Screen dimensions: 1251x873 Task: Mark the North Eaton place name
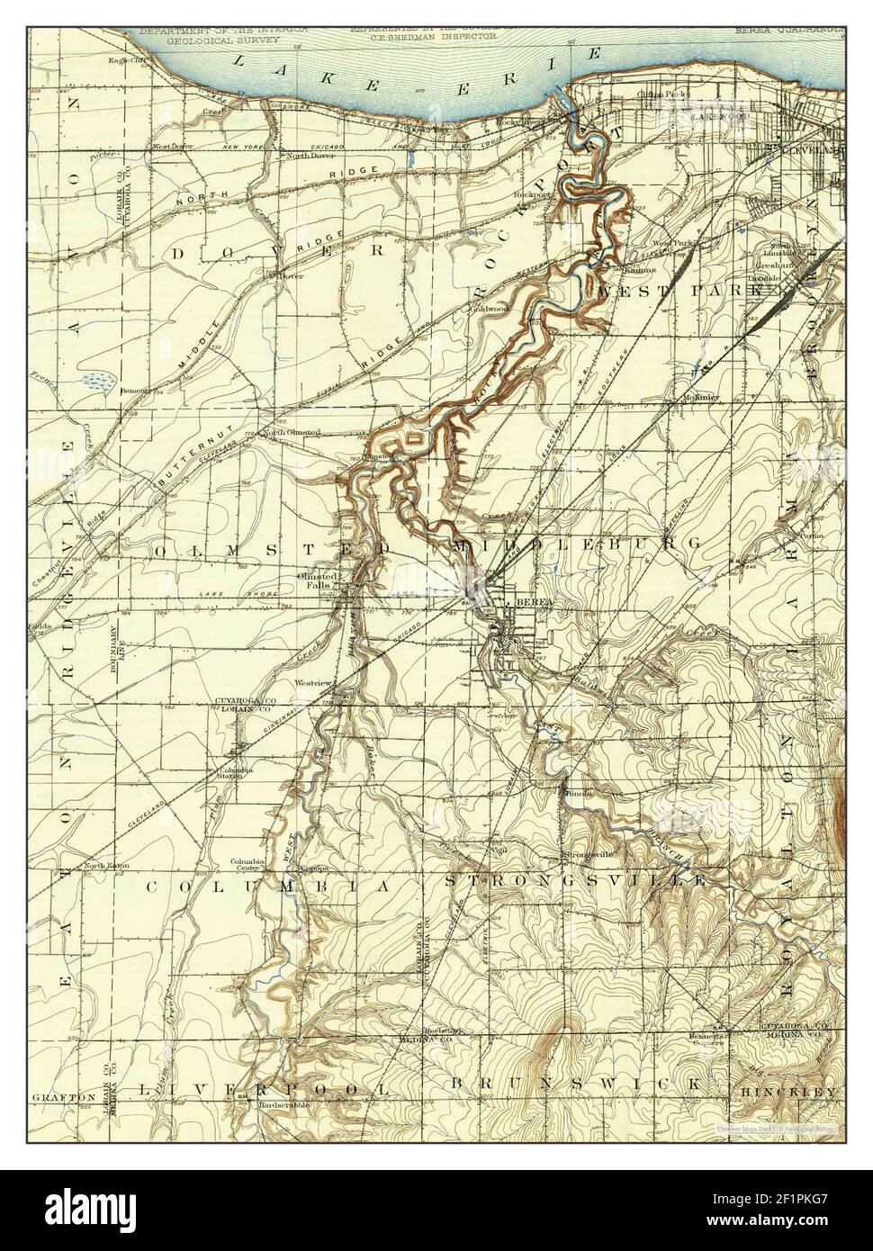[106, 866]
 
